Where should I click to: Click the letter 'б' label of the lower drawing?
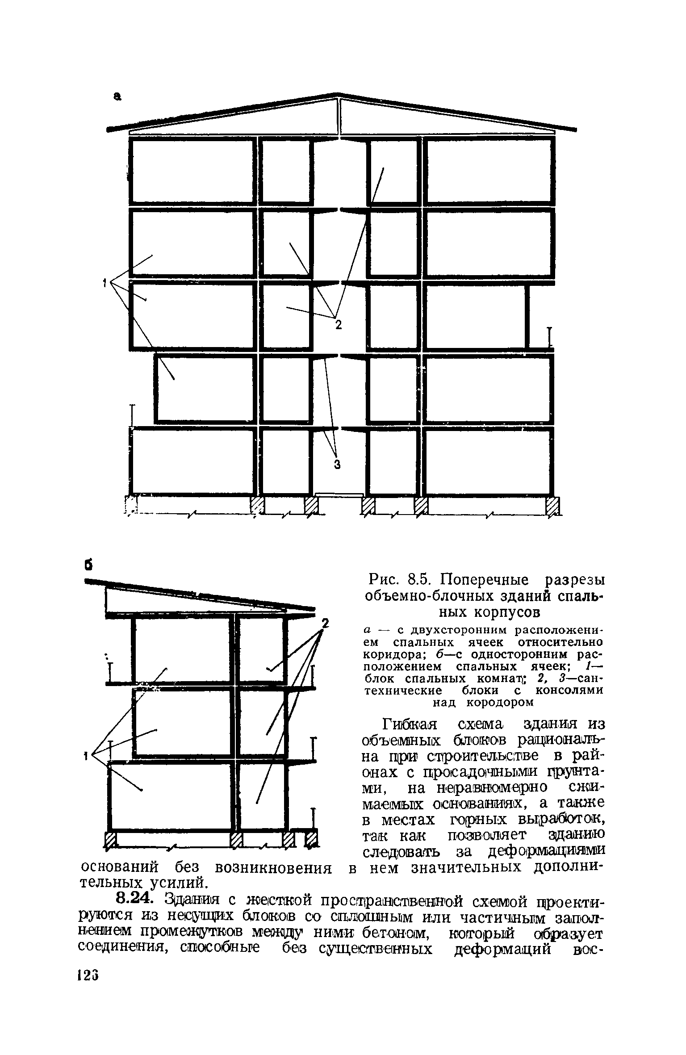[x=89, y=565]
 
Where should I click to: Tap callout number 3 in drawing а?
[x=338, y=465]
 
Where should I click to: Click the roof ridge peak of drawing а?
[x=339, y=93]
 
